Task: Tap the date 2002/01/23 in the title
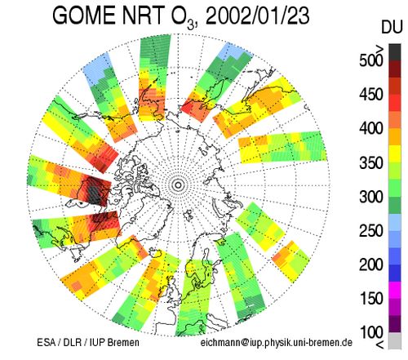(257, 16)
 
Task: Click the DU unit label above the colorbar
(391, 28)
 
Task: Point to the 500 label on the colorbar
(371, 60)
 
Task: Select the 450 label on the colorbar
(371, 95)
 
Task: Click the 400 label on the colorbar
(371, 128)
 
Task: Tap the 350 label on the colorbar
(371, 162)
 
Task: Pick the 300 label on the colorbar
(371, 197)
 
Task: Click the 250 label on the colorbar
(371, 231)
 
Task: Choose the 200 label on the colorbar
(371, 264)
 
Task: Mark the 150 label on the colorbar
(371, 299)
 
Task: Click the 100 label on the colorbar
(371, 332)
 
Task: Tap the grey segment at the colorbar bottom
(395, 340)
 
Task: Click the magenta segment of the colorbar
(395, 290)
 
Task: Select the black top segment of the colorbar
(395, 52)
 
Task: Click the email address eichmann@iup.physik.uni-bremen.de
(277, 342)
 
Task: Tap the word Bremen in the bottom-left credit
(123, 342)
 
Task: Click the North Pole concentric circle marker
(178, 185)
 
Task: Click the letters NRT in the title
(144, 16)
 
